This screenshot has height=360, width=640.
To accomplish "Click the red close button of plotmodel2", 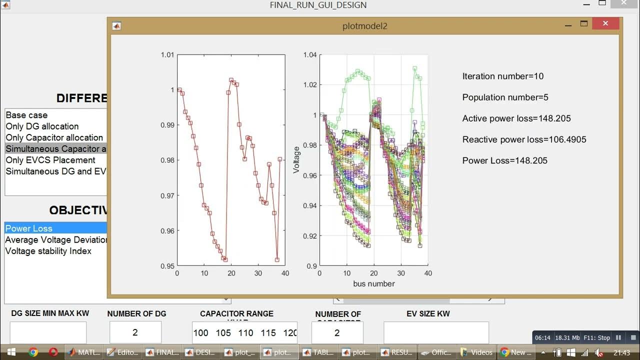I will (x=605, y=24).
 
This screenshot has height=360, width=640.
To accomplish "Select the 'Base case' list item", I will (x=26, y=115).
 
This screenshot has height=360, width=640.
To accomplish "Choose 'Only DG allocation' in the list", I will (x=42, y=126).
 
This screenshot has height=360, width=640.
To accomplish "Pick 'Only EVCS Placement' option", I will (x=50, y=160).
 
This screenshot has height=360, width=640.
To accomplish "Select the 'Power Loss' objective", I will (x=28, y=228).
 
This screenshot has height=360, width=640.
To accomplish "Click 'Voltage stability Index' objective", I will (x=48, y=251).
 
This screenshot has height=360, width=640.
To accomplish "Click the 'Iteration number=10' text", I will (x=502, y=76).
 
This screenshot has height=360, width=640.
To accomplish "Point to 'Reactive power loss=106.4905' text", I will (x=524, y=139).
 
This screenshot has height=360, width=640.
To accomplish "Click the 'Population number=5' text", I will (x=505, y=97).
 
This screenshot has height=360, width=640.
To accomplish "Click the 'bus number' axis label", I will (x=373, y=284).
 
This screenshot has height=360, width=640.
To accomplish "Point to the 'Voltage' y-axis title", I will (x=296, y=160).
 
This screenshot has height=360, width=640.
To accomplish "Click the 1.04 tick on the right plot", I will (x=310, y=54).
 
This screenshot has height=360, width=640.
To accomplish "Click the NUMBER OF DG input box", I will (x=135, y=332).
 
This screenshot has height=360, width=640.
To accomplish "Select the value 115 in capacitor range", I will (x=268, y=333).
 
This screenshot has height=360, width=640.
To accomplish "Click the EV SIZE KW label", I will (x=428, y=314).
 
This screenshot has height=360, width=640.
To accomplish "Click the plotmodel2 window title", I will (x=364, y=26).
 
